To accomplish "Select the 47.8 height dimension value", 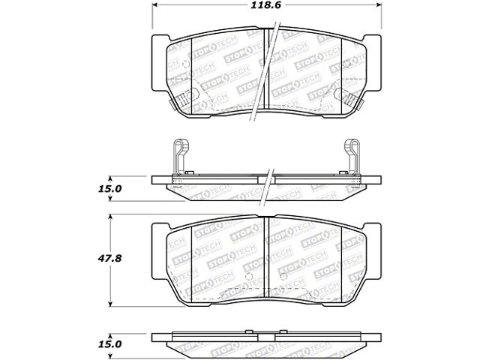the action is pyautogui.click(x=109, y=258).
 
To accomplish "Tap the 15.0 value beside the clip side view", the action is pyautogui.click(x=109, y=189).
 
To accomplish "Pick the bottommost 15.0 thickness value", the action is pyautogui.click(x=109, y=344).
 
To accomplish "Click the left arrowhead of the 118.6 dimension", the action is pyautogui.click(x=155, y=5).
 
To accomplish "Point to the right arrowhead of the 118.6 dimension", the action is pyautogui.click(x=379, y=5).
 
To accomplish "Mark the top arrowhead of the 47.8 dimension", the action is pyautogui.click(x=110, y=217).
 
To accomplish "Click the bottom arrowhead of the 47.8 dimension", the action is pyautogui.click(x=110, y=304).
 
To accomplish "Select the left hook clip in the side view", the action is pyautogui.click(x=181, y=157).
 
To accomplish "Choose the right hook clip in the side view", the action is pyautogui.click(x=352, y=157).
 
